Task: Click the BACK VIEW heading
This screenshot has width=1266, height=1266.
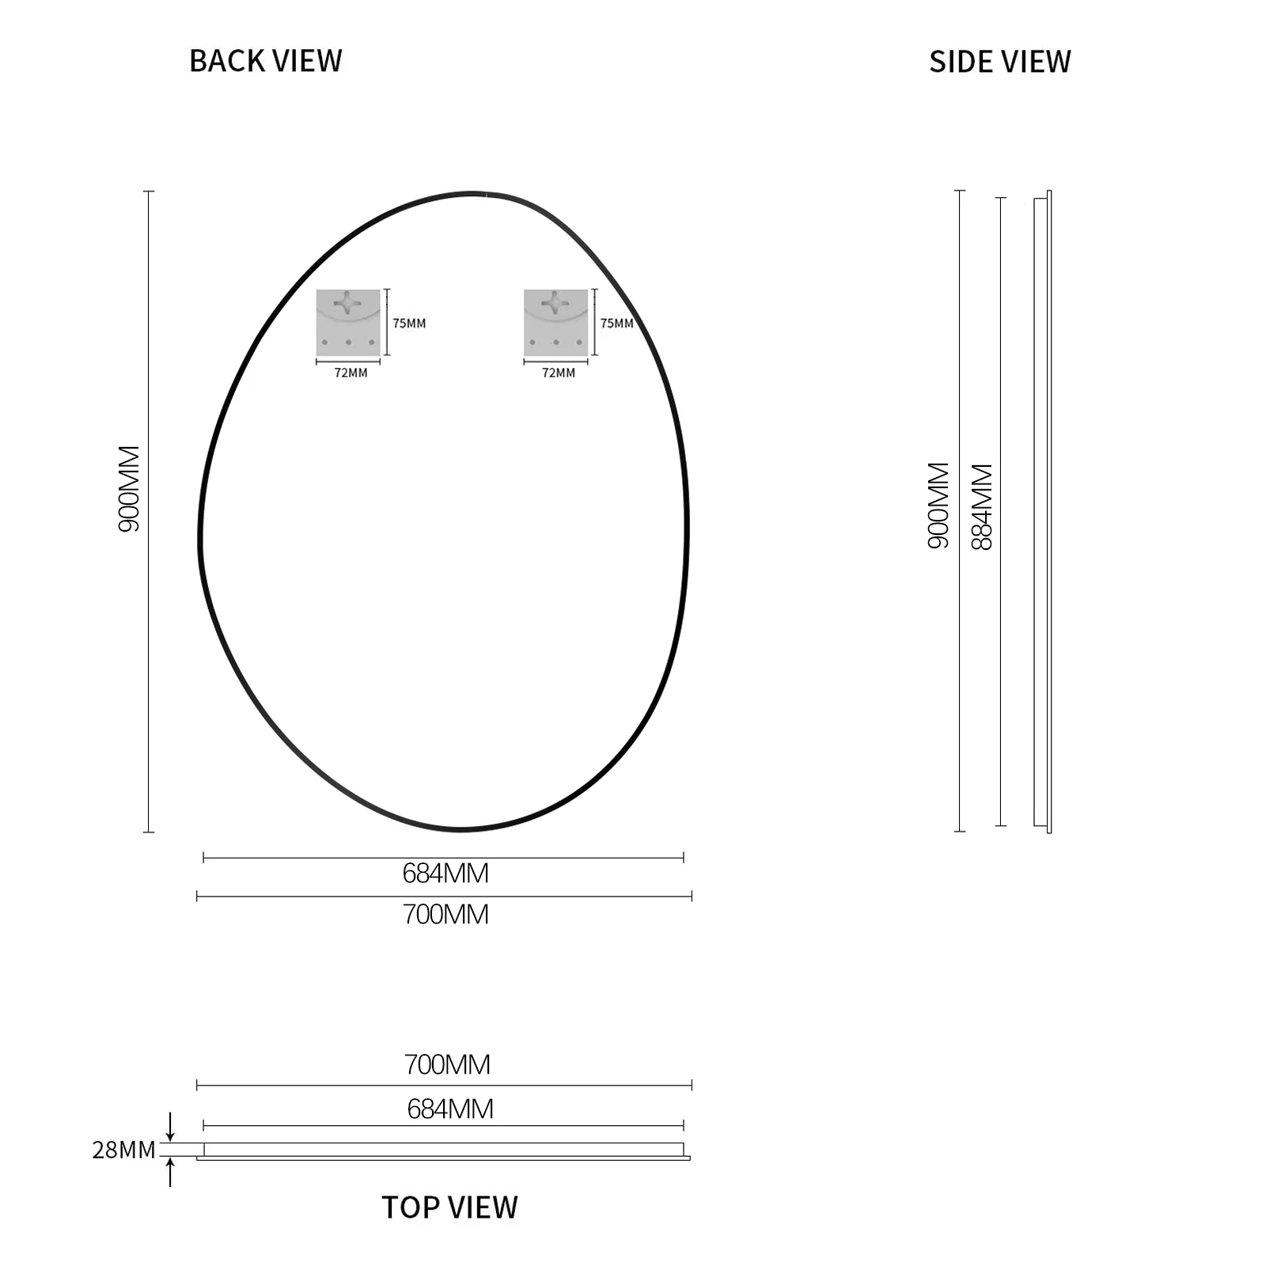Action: point(265,61)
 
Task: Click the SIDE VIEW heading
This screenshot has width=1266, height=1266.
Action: point(999,62)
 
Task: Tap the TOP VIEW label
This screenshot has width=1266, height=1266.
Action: point(449,1207)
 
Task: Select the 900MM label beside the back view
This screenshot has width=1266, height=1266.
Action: point(129,488)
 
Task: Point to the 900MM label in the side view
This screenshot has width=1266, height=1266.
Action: point(938,506)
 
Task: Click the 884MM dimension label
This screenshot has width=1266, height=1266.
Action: point(982,506)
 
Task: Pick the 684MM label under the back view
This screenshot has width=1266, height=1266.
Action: point(445,874)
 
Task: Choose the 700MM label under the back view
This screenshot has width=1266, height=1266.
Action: point(445,915)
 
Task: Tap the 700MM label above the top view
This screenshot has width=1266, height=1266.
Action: point(447,1065)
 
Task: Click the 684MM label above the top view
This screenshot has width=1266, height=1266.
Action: point(450,1109)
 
